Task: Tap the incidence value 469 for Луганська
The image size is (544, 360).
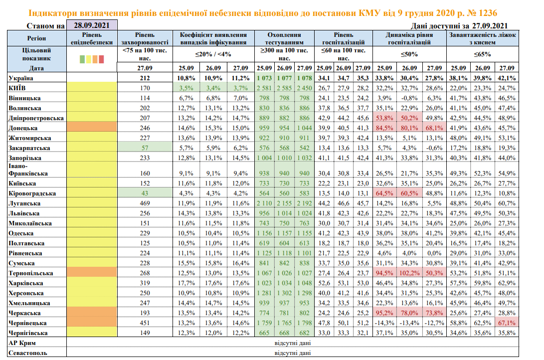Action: pos(145,203)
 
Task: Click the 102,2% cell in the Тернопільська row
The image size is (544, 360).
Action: pos(409,273)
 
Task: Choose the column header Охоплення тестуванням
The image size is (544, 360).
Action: pos(284,38)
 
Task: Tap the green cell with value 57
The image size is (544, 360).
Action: pos(145,148)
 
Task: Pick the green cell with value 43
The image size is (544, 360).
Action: pos(145,193)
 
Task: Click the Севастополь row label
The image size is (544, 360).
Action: pos(28,354)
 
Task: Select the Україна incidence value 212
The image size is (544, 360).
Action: pos(145,78)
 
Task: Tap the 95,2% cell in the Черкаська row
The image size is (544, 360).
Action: pos(384,313)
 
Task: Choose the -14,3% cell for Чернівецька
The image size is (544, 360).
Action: pos(384,323)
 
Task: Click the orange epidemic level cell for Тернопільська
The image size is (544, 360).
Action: pos(92,273)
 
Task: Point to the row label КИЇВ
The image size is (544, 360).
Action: pos(18,88)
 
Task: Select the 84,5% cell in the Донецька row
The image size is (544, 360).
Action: pos(384,128)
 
